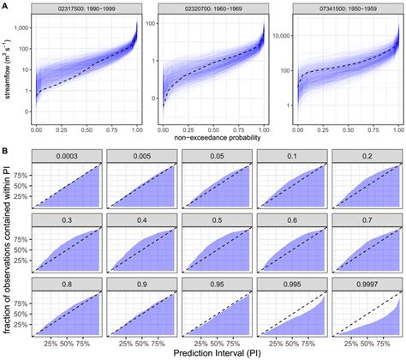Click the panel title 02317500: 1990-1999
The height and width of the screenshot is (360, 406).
(86, 9)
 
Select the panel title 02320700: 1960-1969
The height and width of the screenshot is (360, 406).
(212, 9)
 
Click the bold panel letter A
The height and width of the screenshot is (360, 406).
(5, 5)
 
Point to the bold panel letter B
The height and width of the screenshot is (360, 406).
(5, 151)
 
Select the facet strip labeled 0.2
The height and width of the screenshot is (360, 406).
(366, 157)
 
